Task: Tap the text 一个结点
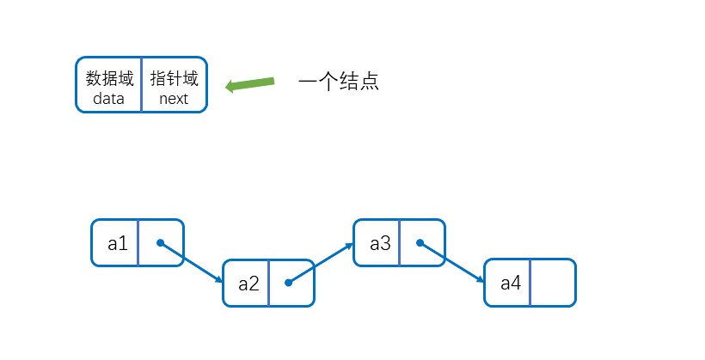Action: coord(339,82)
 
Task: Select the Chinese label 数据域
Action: coord(109,79)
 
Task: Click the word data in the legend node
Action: coord(109,99)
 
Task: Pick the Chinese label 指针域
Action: coord(174,79)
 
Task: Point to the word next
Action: coord(174,99)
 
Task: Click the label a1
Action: coord(118,243)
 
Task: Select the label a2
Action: coord(248,284)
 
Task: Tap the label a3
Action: coord(380,243)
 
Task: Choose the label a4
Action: coord(511,284)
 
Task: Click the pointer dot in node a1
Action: coord(161,242)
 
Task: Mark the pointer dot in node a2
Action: coord(288,282)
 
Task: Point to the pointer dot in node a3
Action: coord(420,242)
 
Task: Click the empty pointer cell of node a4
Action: coord(552,283)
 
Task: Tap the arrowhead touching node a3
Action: coord(350,247)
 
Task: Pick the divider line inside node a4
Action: coord(530,283)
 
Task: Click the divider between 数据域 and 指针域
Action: coord(141,85)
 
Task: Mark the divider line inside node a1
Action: coord(138,243)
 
